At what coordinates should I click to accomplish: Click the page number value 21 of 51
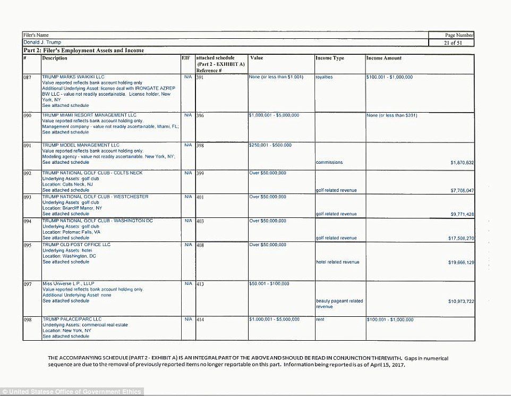[451, 43]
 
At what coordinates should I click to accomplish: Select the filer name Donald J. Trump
[42, 42]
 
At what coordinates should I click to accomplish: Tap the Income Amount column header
[384, 58]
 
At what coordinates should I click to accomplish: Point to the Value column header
[256, 58]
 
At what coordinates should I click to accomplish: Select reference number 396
[200, 115]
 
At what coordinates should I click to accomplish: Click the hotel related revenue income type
[337, 262]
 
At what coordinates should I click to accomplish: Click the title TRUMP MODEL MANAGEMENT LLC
[81, 145]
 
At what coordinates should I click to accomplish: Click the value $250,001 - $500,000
[270, 145]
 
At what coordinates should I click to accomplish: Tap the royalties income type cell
[324, 77]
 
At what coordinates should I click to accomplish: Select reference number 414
[200, 320]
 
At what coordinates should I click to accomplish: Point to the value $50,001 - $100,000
[269, 284]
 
